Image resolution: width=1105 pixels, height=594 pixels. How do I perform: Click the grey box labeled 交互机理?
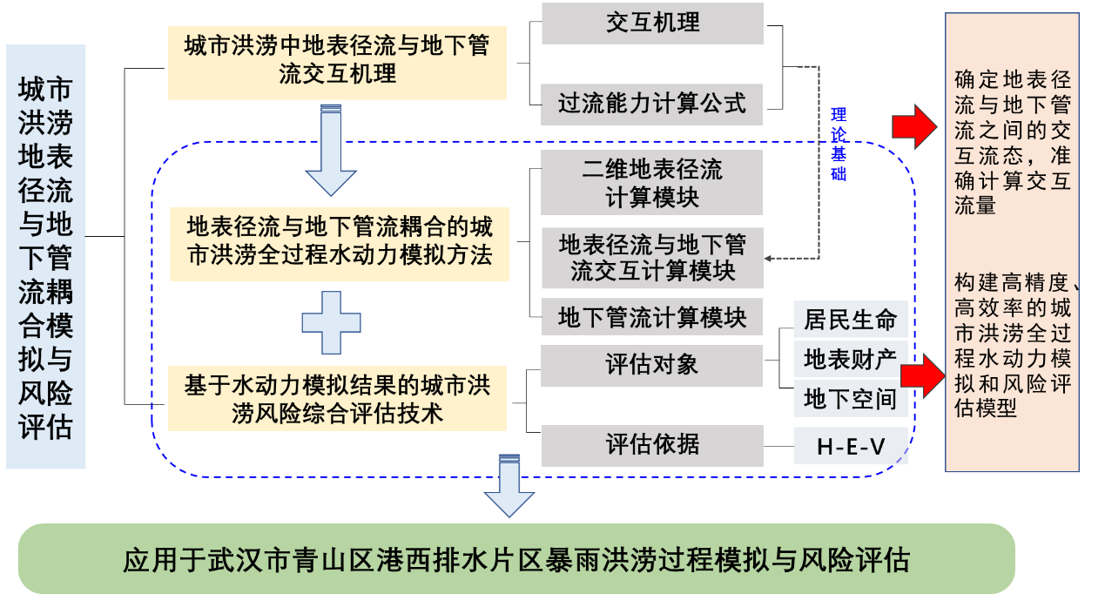[x=652, y=23]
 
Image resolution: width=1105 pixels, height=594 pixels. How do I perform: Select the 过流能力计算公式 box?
[x=652, y=105]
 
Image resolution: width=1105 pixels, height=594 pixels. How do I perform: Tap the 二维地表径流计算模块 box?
[x=652, y=182]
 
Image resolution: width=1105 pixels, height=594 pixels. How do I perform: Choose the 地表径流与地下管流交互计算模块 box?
[x=652, y=258]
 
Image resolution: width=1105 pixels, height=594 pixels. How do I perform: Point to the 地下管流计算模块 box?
[x=652, y=318]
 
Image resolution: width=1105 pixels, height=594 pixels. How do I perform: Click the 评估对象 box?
[x=652, y=364]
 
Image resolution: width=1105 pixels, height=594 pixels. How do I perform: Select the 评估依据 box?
[x=652, y=445]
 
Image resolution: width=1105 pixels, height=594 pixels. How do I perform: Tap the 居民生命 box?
[x=850, y=320]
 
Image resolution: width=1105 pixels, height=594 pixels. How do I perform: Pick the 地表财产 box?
[x=850, y=360]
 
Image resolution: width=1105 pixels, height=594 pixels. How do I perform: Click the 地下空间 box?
[x=850, y=400]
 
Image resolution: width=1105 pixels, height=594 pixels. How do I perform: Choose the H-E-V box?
[x=850, y=447]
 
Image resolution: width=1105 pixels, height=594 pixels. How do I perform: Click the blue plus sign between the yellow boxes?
[x=331, y=322]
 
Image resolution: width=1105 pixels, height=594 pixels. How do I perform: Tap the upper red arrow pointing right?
[x=913, y=127]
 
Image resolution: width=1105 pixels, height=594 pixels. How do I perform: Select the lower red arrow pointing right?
[x=922, y=375]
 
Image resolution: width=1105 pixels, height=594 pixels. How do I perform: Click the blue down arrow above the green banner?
[x=509, y=485]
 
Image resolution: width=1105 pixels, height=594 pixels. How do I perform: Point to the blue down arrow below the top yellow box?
[x=331, y=150]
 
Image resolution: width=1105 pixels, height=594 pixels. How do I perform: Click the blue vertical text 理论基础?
[x=839, y=144]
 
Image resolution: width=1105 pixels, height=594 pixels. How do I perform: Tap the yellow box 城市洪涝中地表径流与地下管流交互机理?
[x=337, y=61]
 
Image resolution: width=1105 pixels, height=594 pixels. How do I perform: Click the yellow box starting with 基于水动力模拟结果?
[x=337, y=399]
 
